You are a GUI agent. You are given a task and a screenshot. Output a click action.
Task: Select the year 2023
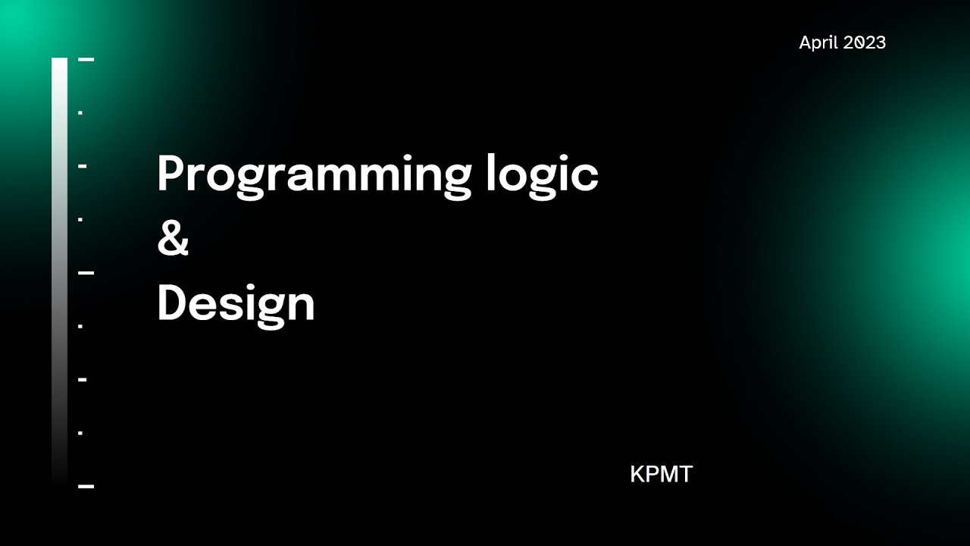[x=865, y=42]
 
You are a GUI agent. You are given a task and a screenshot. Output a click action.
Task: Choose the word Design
[x=236, y=303]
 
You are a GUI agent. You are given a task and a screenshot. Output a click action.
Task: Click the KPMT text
[x=661, y=475]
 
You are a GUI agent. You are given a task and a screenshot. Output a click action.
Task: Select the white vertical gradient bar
[x=59, y=265]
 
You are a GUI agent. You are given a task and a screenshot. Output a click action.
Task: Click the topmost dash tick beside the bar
[x=86, y=58]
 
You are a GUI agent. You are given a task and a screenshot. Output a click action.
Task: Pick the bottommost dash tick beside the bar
[x=86, y=486]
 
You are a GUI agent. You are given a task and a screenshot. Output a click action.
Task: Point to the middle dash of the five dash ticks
[x=86, y=272]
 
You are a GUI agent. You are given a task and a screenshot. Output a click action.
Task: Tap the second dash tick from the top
[x=83, y=165]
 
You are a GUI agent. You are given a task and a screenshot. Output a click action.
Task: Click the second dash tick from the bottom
[x=83, y=379]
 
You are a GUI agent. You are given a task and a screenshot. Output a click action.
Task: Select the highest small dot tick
[x=80, y=113]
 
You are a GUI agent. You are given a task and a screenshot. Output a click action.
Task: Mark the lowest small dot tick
[x=80, y=433]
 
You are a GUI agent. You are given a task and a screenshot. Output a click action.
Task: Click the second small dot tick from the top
[x=80, y=220]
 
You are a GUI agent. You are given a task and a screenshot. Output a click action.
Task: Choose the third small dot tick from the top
[x=80, y=327]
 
